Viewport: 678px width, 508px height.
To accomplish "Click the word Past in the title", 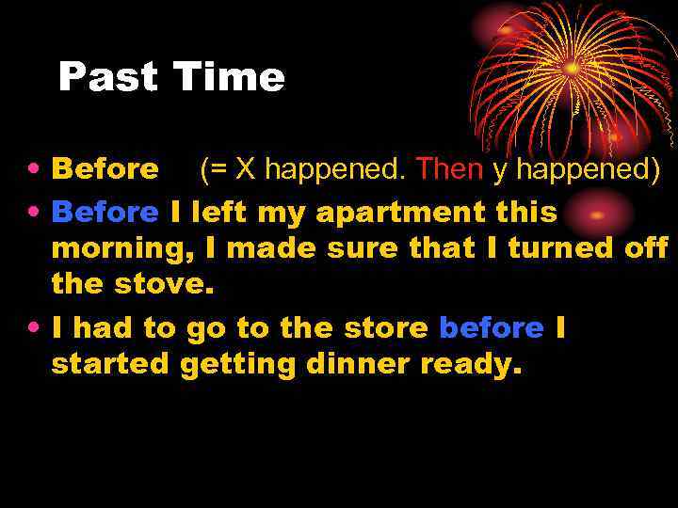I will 109,78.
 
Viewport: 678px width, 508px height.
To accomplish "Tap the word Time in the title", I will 228,78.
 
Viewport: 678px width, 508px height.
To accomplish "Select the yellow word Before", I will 105,169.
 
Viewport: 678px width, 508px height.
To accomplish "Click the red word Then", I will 449,169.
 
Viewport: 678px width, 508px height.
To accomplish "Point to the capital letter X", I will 245,169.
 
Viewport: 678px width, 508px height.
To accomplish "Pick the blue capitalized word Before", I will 105,213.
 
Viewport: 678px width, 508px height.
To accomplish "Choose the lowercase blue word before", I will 492,328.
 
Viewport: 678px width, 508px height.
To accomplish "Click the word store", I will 386,328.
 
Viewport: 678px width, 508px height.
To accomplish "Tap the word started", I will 110,365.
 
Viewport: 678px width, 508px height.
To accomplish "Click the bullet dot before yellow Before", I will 33,170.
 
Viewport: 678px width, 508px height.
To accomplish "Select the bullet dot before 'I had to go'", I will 33,329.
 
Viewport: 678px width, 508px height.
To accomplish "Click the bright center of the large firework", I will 573,68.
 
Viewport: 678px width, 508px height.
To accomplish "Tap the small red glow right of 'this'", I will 599,214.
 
